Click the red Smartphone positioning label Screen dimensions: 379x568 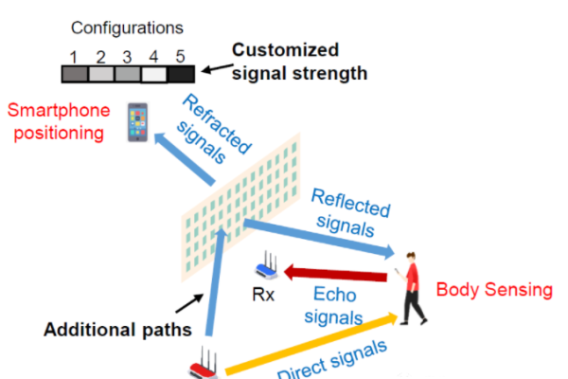pos(55,120)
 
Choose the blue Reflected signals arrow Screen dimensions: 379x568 pos(322,238)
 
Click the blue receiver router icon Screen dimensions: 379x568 pos(271,270)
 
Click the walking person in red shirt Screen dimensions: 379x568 pos(411,290)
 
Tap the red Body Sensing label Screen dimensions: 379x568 pos(493,289)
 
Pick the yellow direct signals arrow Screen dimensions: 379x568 pos(312,345)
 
